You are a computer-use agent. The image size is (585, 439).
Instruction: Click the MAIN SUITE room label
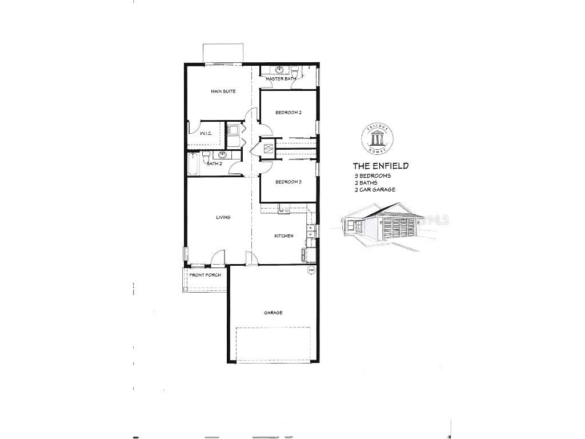(223, 91)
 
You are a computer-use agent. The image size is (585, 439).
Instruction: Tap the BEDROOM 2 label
(288, 113)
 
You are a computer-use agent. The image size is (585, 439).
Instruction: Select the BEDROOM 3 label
(288, 182)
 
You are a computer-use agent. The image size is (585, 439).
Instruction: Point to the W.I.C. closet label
(206, 133)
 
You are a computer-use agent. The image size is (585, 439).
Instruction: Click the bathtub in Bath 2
(192, 163)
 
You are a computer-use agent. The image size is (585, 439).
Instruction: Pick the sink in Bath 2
(222, 155)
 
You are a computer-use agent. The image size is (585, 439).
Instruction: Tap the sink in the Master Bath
(279, 70)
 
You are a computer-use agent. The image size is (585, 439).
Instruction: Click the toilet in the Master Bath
(294, 71)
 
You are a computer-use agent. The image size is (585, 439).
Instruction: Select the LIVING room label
(223, 217)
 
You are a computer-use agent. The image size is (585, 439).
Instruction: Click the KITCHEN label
(284, 236)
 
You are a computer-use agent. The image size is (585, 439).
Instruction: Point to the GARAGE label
(273, 313)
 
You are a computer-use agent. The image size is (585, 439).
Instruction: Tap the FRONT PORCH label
(205, 275)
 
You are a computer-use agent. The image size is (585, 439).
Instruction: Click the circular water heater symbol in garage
(311, 270)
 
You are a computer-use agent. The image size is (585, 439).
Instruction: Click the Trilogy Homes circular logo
(378, 137)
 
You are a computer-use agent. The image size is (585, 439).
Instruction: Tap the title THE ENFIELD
(380, 166)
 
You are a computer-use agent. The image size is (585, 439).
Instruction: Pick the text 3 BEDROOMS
(372, 176)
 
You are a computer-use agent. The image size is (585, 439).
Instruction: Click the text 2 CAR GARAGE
(374, 190)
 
